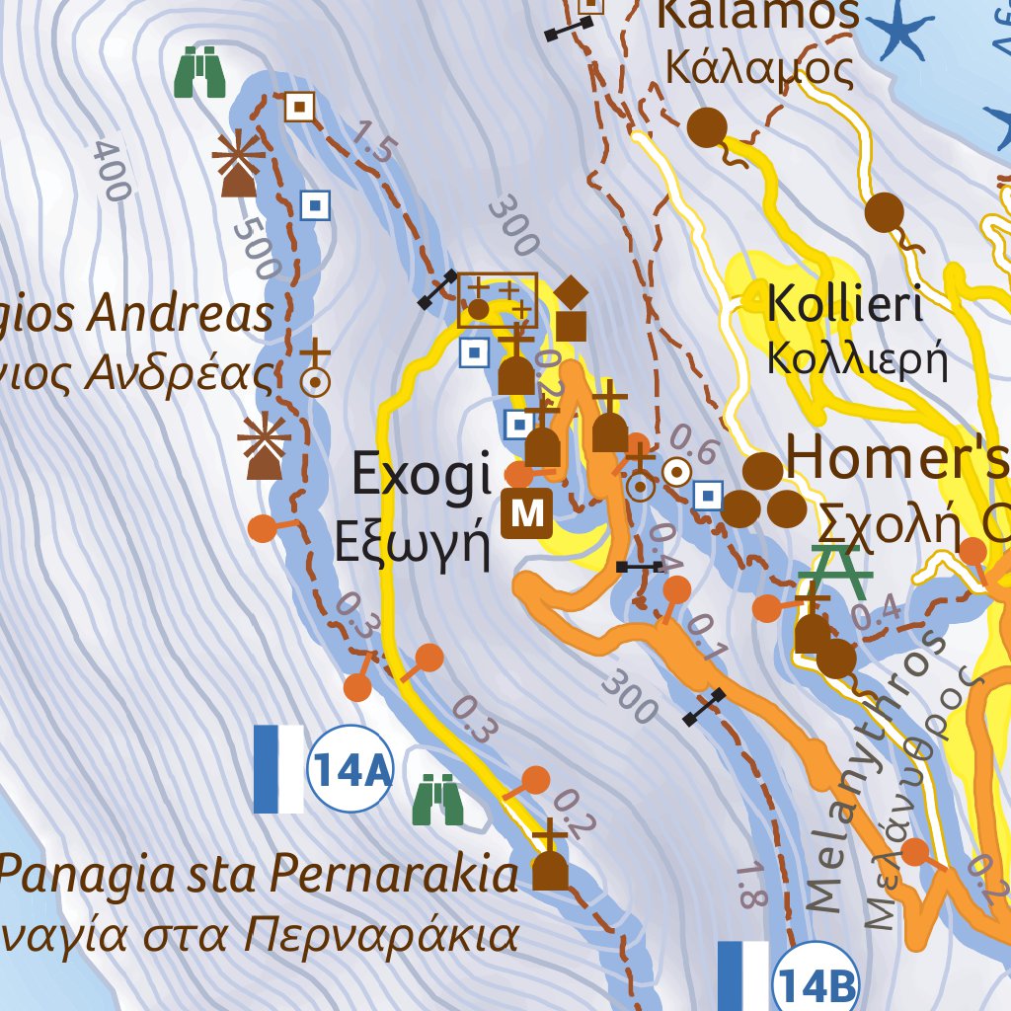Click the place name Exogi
pyautogui.click(x=422, y=477)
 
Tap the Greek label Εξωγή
pyautogui.click(x=412, y=542)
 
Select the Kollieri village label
pyautogui.click(x=844, y=305)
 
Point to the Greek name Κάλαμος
pyautogui.click(x=758, y=69)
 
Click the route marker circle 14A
pyautogui.click(x=350, y=769)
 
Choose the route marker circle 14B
pyautogui.click(x=815, y=983)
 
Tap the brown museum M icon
pyautogui.click(x=527, y=512)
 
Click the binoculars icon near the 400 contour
pyautogui.click(x=200, y=73)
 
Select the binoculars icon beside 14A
pyautogui.click(x=439, y=799)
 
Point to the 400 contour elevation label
pyautogui.click(x=112, y=171)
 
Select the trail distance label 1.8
pyautogui.click(x=751, y=884)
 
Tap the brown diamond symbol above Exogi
pyautogui.click(x=571, y=292)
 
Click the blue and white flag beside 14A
pyautogui.click(x=278, y=769)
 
